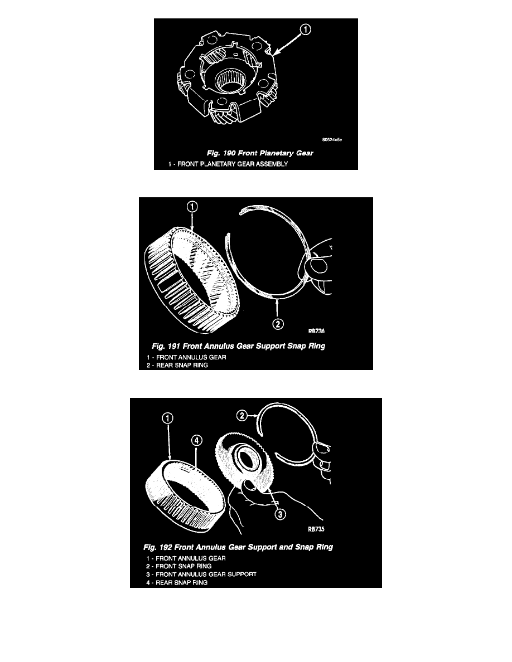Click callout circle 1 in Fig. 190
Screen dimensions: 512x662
pyautogui.click(x=306, y=30)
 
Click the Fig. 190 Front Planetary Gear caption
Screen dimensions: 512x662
pyautogui.click(x=260, y=153)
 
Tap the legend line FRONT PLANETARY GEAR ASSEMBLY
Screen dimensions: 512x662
pyautogui.click(x=228, y=164)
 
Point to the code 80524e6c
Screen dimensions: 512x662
pyautogui.click(x=332, y=140)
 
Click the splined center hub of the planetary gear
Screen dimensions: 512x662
pyautogui.click(x=230, y=81)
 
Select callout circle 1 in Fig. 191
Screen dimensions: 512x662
pyautogui.click(x=192, y=207)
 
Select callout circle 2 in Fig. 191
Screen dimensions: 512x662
pyautogui.click(x=278, y=324)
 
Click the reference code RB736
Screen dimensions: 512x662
pyautogui.click(x=316, y=331)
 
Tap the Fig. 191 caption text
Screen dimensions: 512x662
pyautogui.click(x=239, y=346)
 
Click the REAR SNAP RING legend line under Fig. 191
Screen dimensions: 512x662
pyautogui.click(x=177, y=365)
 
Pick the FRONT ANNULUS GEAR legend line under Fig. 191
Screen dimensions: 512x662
pyautogui.click(x=186, y=357)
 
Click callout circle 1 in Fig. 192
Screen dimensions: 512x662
pyautogui.click(x=168, y=418)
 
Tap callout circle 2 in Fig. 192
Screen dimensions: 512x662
pyautogui.click(x=241, y=416)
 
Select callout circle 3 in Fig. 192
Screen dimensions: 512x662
pyautogui.click(x=280, y=514)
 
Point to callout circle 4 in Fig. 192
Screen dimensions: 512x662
pyautogui.click(x=196, y=440)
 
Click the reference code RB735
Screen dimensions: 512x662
pyautogui.click(x=316, y=529)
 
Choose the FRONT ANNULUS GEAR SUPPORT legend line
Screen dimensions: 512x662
pyautogui.click(x=201, y=574)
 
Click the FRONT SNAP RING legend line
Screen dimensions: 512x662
pyautogui.click(x=178, y=566)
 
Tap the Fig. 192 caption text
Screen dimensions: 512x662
pyautogui.click(x=238, y=547)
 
